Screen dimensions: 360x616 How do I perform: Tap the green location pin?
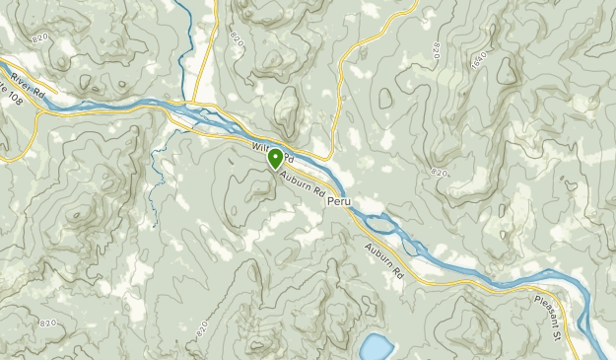point(273,160)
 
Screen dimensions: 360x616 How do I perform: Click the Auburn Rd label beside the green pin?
point(302,182)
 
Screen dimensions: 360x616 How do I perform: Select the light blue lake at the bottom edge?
point(375,347)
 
